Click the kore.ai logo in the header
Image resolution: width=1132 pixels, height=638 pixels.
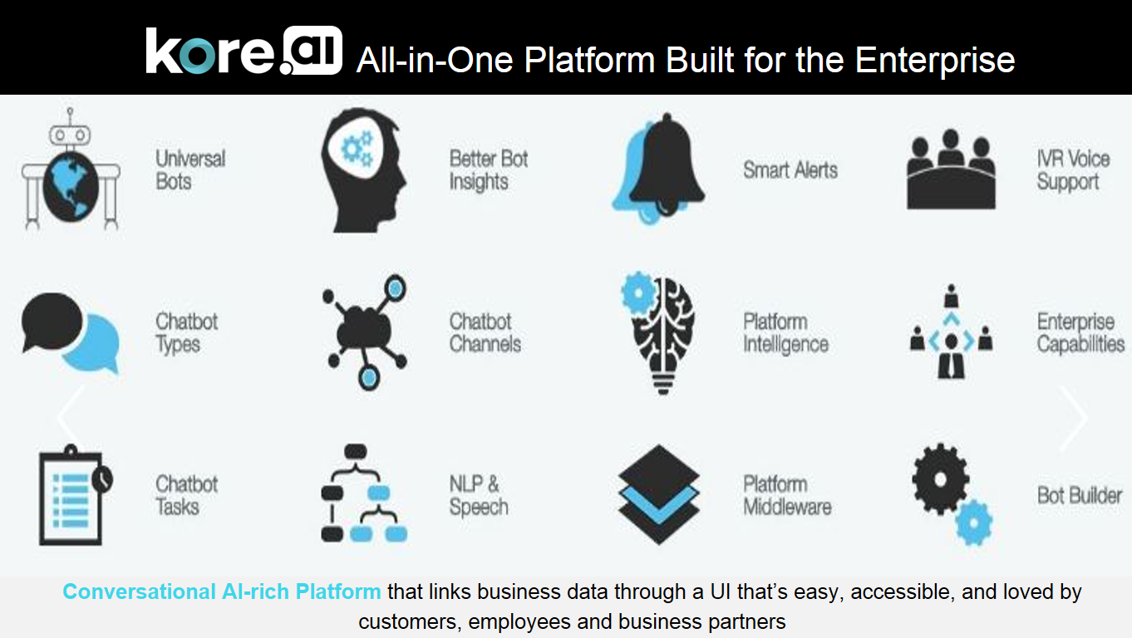tap(244, 51)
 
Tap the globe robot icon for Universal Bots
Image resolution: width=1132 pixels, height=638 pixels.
tap(71, 169)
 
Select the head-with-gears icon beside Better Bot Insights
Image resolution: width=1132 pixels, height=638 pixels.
tap(364, 170)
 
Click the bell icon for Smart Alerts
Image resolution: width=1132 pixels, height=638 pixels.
tap(658, 169)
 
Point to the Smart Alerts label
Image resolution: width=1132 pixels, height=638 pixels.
tap(790, 169)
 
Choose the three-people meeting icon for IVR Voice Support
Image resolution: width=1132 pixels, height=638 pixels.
tap(951, 169)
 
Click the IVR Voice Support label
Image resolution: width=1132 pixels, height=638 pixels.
tap(1073, 171)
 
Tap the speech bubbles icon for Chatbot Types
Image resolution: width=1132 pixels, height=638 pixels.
tap(71, 333)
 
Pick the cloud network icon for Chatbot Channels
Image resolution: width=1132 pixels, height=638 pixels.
tap(365, 332)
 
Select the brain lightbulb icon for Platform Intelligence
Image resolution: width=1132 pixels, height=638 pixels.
tap(658, 333)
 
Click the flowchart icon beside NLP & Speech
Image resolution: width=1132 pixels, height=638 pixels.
tap(364, 493)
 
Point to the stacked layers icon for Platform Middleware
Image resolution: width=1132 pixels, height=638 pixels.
tap(658, 494)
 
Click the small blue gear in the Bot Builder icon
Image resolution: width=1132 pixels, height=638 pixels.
tap(974, 523)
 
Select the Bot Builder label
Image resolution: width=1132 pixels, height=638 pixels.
tap(1080, 496)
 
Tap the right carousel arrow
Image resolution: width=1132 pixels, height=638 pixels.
tap(1073, 418)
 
